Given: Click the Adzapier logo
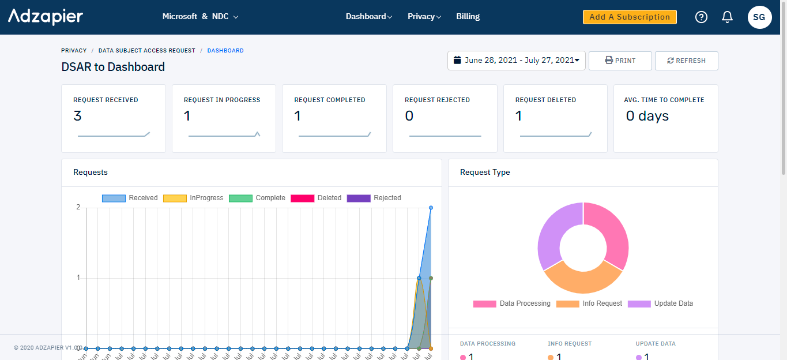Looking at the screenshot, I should point(46,17).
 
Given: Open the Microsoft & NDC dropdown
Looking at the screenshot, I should point(200,17).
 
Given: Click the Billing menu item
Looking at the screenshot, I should point(468,17).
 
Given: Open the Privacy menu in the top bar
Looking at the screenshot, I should point(424,17).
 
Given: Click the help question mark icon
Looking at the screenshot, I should point(701,17).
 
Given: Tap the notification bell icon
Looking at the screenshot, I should point(727,17).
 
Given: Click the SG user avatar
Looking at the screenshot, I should point(759,17).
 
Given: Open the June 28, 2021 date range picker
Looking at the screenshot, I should point(516,61).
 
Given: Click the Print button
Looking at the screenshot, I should point(620,61).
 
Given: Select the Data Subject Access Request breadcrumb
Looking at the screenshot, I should point(146,51).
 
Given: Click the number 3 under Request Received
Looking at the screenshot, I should point(77,116).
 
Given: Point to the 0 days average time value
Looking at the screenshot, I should point(647,116).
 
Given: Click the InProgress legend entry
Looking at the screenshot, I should point(193,198).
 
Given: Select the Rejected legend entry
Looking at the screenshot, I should point(374,198).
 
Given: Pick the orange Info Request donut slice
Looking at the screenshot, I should point(582,279).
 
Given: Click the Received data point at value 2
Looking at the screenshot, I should point(431,208).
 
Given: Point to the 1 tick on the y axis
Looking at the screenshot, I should point(78,278).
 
